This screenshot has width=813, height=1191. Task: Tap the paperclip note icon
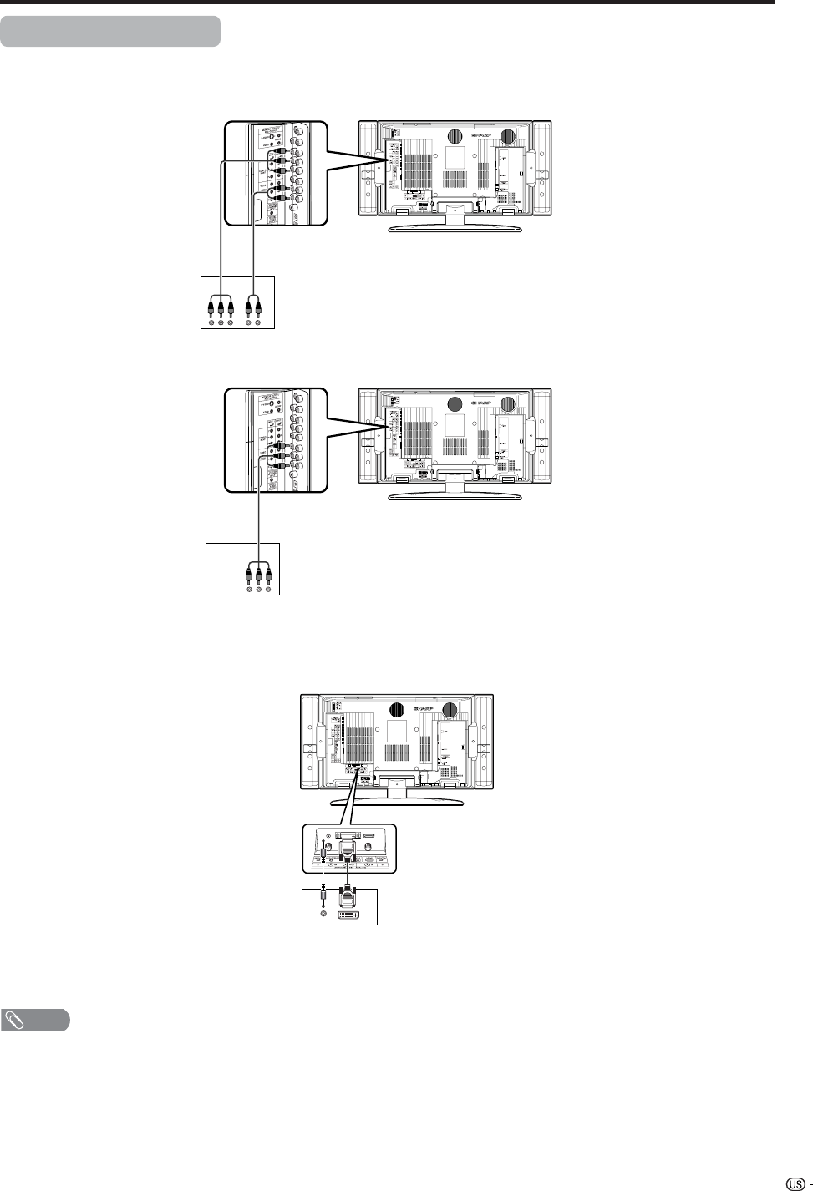(17, 1020)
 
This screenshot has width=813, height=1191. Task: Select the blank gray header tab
(110, 31)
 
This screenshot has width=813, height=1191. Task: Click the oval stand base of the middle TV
(455, 498)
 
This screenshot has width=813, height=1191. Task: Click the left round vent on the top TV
(455, 137)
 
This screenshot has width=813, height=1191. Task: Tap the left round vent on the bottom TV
(396, 710)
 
